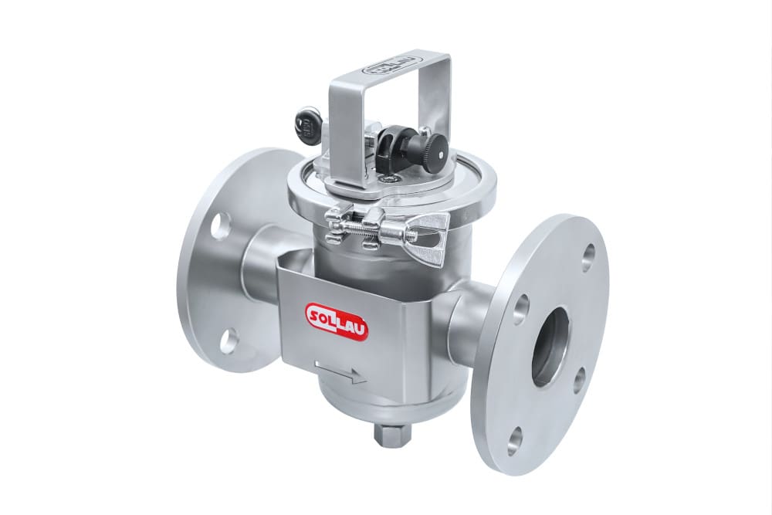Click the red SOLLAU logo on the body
[337, 320]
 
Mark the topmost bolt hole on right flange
[588, 258]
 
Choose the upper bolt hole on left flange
[220, 224]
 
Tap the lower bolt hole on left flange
[229, 341]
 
